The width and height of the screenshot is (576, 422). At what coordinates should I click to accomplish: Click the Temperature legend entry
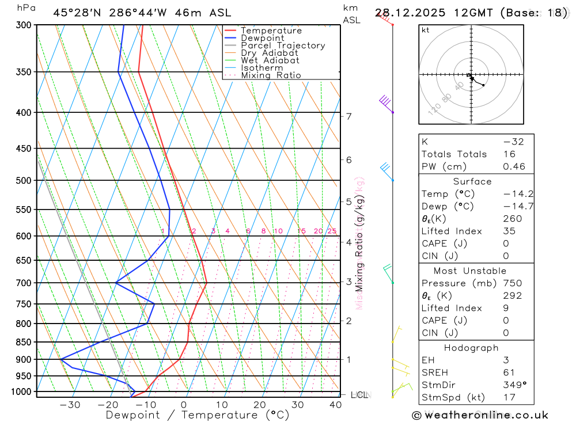(x=271, y=31)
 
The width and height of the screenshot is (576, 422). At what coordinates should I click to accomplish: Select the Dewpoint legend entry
(x=262, y=38)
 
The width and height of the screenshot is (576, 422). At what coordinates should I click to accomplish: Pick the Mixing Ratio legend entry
(x=271, y=75)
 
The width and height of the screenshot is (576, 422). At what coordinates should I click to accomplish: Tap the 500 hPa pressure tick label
(x=24, y=180)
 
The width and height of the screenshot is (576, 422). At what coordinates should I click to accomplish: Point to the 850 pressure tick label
(x=24, y=342)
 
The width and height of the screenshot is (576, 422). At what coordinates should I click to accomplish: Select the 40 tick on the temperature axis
(x=335, y=405)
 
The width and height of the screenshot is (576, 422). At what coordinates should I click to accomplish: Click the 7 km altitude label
(x=348, y=116)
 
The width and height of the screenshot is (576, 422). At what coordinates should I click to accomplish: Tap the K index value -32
(x=513, y=142)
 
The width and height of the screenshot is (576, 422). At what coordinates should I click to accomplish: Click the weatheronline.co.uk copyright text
(x=480, y=415)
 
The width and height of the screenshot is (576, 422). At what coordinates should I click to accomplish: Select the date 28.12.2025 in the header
(x=410, y=13)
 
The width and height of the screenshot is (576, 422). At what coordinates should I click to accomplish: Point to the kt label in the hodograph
(x=426, y=31)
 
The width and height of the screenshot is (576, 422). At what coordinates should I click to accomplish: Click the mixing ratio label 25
(x=332, y=231)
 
